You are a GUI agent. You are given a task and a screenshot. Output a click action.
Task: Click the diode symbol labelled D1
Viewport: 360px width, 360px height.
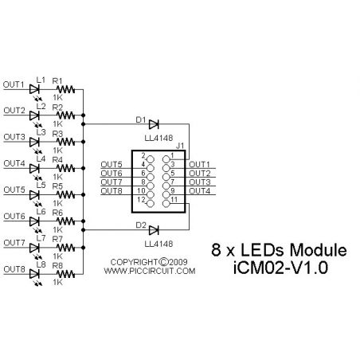click(x=154, y=123)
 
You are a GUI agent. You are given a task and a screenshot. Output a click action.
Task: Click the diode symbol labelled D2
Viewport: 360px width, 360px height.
click(x=154, y=229)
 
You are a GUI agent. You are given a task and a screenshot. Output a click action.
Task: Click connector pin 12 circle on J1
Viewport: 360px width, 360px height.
click(x=150, y=200)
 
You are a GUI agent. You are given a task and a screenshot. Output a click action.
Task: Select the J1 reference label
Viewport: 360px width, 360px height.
click(x=180, y=147)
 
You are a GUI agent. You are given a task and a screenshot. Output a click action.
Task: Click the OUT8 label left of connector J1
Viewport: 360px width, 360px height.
click(x=112, y=191)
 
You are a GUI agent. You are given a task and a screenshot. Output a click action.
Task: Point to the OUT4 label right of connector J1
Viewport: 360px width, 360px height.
click(x=200, y=191)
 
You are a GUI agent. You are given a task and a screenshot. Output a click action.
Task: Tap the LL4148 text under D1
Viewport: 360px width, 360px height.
click(x=155, y=137)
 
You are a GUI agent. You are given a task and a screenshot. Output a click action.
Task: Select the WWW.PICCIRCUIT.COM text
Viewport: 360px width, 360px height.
click(x=150, y=271)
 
